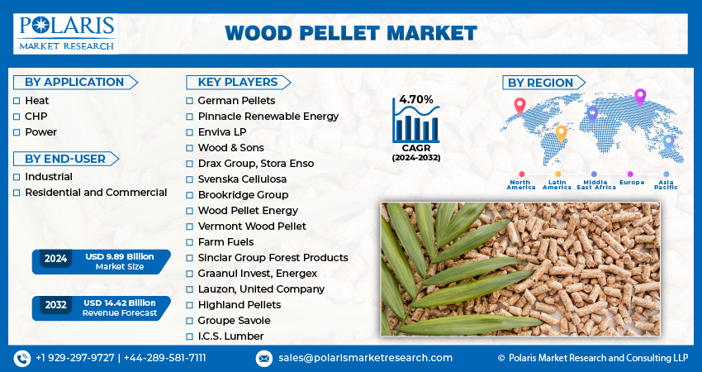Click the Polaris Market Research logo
pyautogui.click(x=67, y=32)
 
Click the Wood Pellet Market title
pyautogui.click(x=351, y=33)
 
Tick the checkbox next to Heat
pyautogui.click(x=17, y=100)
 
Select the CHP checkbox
pyautogui.click(x=17, y=116)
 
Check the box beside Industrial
pyautogui.click(x=17, y=177)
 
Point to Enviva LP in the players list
pyautogui.click(x=222, y=132)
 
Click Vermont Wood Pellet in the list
pyautogui.click(x=251, y=227)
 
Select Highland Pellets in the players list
pyautogui.click(x=239, y=305)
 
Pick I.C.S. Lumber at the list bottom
pyautogui.click(x=230, y=336)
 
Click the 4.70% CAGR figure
pyautogui.click(x=416, y=99)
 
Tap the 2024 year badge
pyautogui.click(x=56, y=259)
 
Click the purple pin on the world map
pyautogui.click(x=639, y=96)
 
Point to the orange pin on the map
pyautogui.click(x=561, y=132)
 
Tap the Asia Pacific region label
pyautogui.click(x=666, y=184)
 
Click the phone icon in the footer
pyautogui.click(x=21, y=358)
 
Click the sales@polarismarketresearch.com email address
pyautogui.click(x=364, y=358)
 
